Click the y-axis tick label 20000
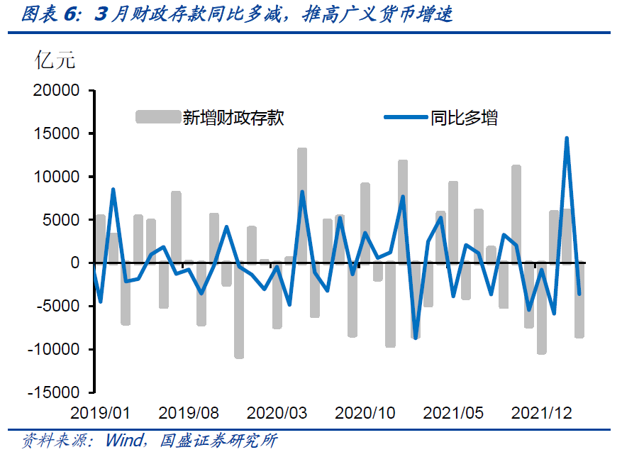click(x=58, y=91)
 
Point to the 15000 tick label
click(x=58, y=134)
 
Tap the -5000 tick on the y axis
click(x=59, y=307)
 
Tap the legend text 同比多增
click(x=464, y=118)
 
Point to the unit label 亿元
click(x=55, y=60)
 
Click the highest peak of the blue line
click(x=567, y=138)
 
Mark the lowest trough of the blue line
click(x=416, y=338)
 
